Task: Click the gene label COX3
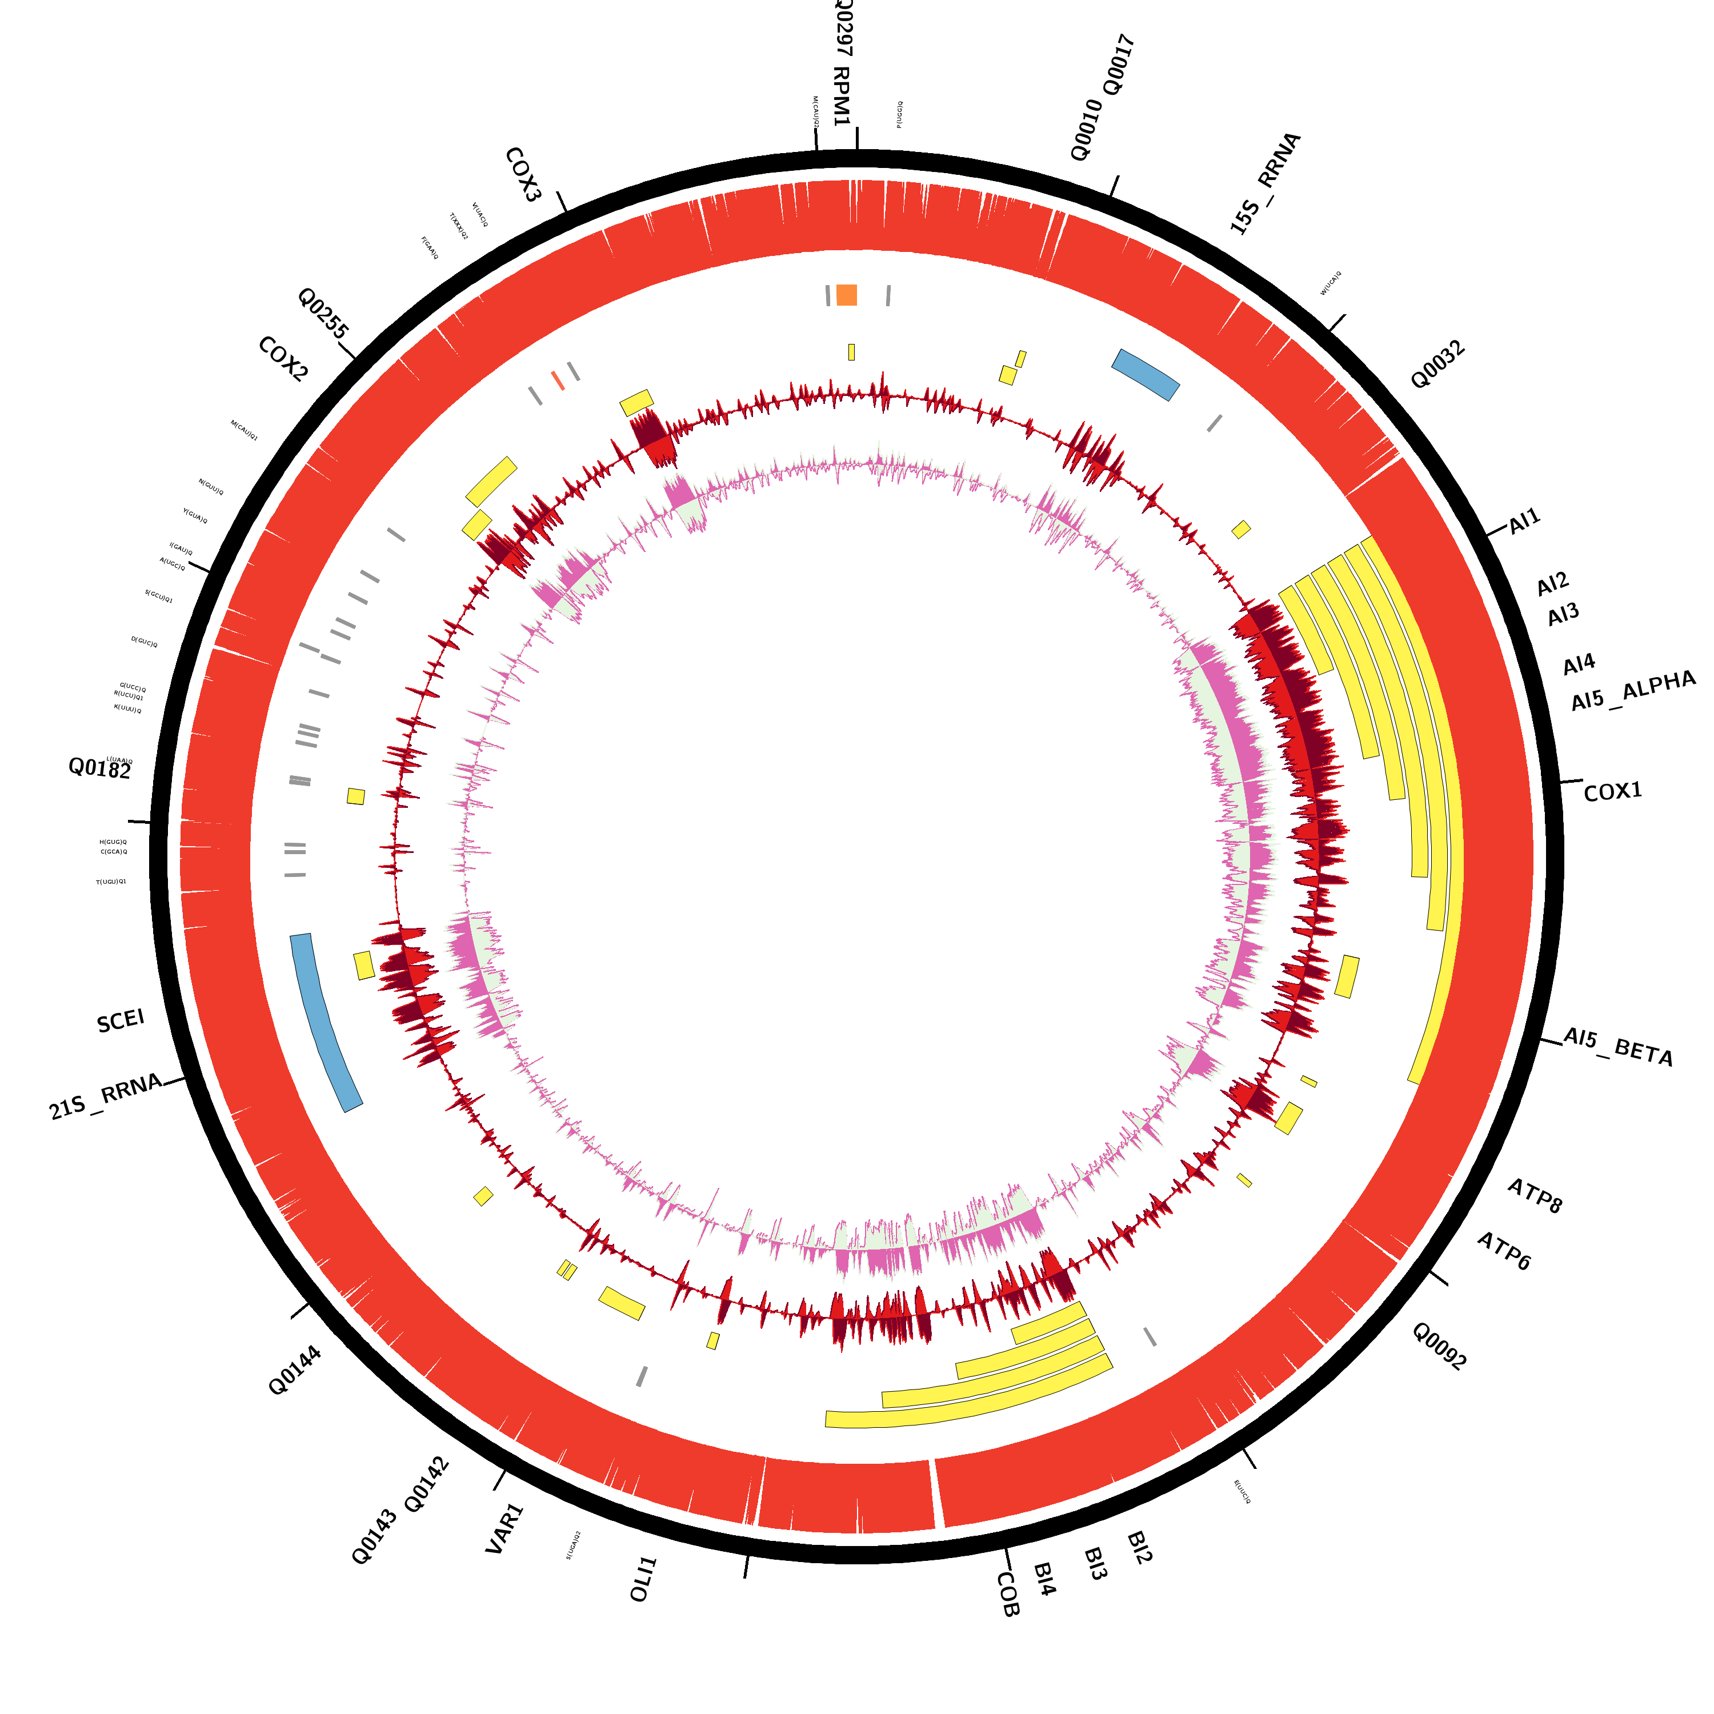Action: [x=523, y=175]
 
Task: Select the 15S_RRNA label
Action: [x=1265, y=183]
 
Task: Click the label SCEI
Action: [x=121, y=1021]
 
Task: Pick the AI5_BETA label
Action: [x=1617, y=1047]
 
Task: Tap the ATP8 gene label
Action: [x=1535, y=1195]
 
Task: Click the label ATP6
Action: [x=1504, y=1251]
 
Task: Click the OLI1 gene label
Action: [x=643, y=1579]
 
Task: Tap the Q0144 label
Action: [x=295, y=1371]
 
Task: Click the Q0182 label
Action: [x=99, y=768]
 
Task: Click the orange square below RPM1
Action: [x=846, y=295]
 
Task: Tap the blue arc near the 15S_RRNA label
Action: [x=1146, y=374]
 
